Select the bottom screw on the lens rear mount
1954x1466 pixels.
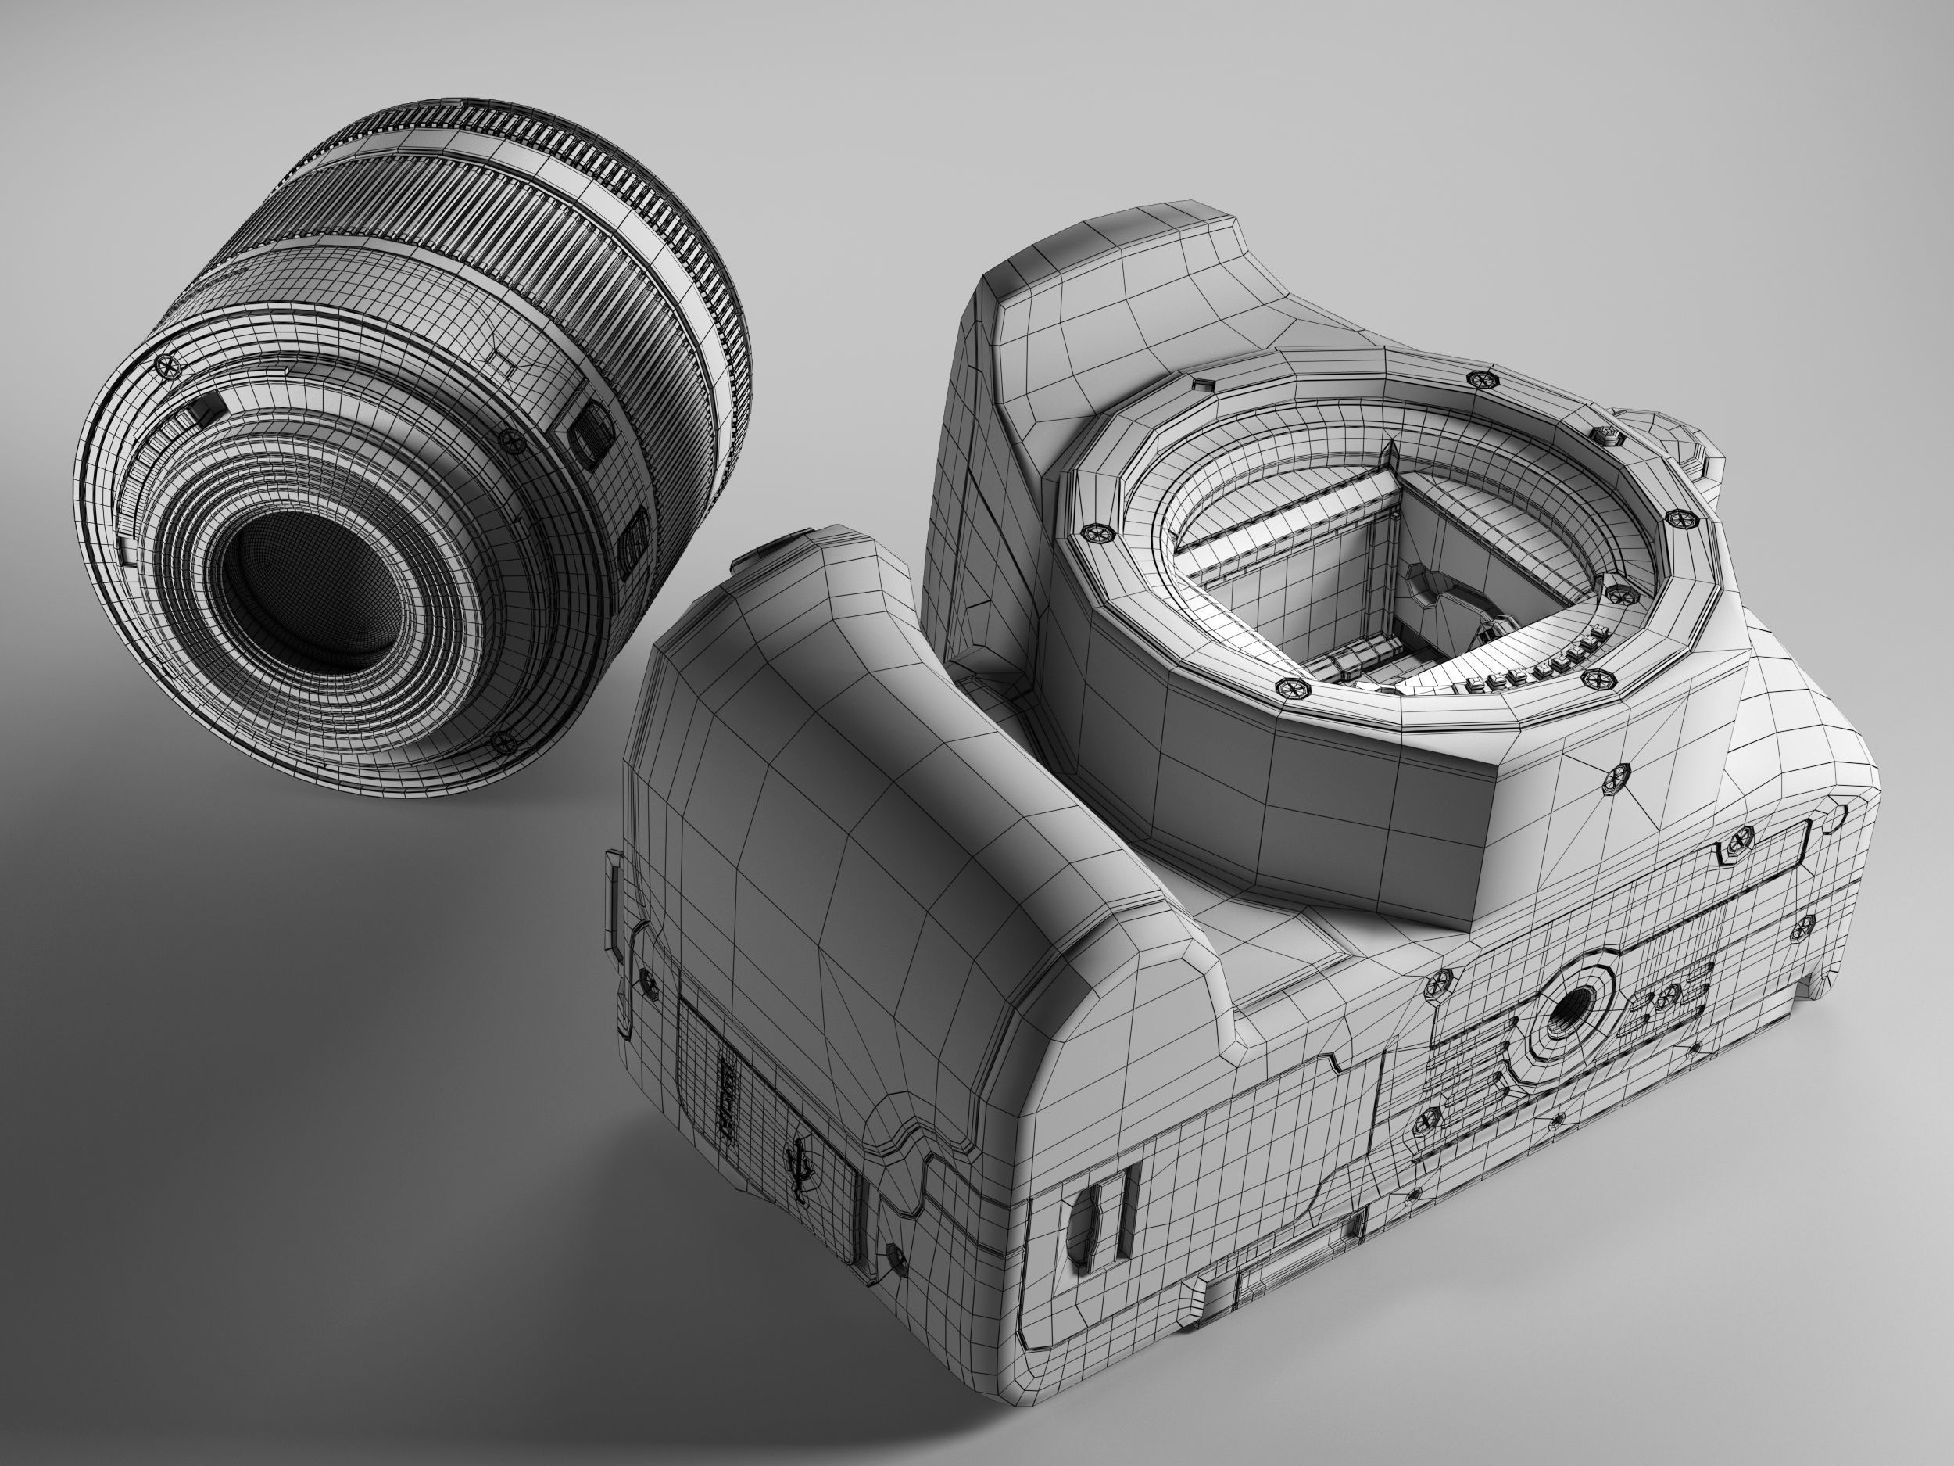pos(503,740)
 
